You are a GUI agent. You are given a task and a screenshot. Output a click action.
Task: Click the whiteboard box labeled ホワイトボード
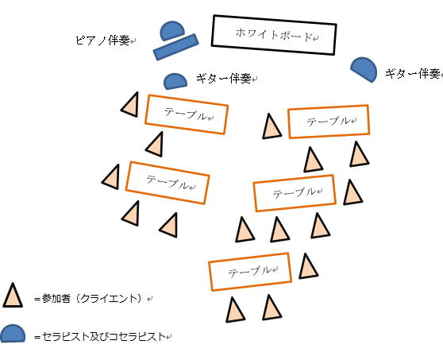(273, 35)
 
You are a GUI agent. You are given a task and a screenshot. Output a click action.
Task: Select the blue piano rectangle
(175, 47)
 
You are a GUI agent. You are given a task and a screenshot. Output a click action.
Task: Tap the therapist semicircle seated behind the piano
(171, 30)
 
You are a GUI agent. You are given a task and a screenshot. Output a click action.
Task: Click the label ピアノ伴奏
(102, 41)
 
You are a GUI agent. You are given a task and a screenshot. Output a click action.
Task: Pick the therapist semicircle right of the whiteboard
(364, 69)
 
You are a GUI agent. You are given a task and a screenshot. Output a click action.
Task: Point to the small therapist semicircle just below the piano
(175, 81)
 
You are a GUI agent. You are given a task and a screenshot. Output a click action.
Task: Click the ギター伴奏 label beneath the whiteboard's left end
(224, 79)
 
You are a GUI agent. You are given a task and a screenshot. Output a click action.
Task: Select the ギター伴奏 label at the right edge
(413, 74)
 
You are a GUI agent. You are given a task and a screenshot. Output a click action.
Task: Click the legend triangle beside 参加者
(13, 296)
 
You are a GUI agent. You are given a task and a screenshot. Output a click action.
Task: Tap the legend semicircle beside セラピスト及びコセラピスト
(13, 334)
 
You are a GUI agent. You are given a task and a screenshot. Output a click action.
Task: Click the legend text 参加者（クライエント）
(91, 299)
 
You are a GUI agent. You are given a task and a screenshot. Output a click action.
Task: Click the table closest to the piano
(187, 114)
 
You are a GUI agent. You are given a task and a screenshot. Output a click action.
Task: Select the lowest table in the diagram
(250, 272)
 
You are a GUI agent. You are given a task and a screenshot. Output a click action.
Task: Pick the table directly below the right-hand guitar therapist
(329, 122)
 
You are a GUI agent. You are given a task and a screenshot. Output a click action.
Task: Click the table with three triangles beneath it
(295, 193)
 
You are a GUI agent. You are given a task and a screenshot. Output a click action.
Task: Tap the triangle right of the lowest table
(308, 266)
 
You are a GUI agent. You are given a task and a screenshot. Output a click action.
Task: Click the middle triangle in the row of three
(279, 230)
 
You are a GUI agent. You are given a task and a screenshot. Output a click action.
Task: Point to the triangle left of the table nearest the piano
(131, 105)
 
